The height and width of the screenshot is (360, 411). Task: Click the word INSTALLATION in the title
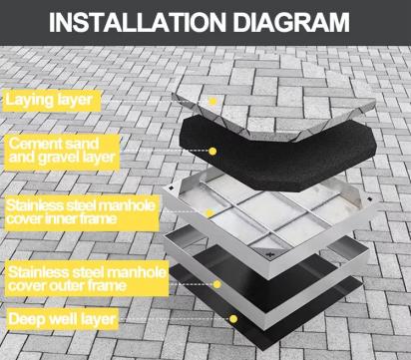pyautogui.click(x=138, y=22)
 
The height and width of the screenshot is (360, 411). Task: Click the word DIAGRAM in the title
pyautogui.click(x=291, y=22)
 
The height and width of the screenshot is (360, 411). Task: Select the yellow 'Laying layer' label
pyautogui.click(x=52, y=101)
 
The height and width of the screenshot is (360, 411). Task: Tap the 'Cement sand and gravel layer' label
pyautogui.click(x=62, y=153)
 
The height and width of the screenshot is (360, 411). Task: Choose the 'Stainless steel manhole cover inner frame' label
pyautogui.click(x=82, y=212)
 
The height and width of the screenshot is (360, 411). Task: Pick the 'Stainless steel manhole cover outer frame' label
pyautogui.click(x=87, y=278)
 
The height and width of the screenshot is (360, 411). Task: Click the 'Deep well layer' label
pyautogui.click(x=62, y=319)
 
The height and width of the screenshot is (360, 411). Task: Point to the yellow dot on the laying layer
pyautogui.click(x=213, y=101)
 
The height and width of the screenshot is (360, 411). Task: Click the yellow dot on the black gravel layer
pyautogui.click(x=212, y=152)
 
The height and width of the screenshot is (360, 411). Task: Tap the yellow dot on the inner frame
pyautogui.click(x=209, y=213)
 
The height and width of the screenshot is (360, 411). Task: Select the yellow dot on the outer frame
pyautogui.click(x=217, y=284)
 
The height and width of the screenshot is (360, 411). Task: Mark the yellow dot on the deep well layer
pyautogui.click(x=233, y=319)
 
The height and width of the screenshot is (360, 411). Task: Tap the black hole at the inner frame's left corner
pyautogui.click(x=171, y=187)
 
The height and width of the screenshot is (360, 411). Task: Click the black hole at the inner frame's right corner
pyautogui.click(x=369, y=198)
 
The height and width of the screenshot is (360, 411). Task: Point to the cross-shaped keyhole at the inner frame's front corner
pyautogui.click(x=268, y=255)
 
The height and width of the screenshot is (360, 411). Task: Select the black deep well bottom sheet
pyautogui.click(x=266, y=306)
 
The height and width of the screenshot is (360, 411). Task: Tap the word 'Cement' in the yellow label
pyautogui.click(x=32, y=144)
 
